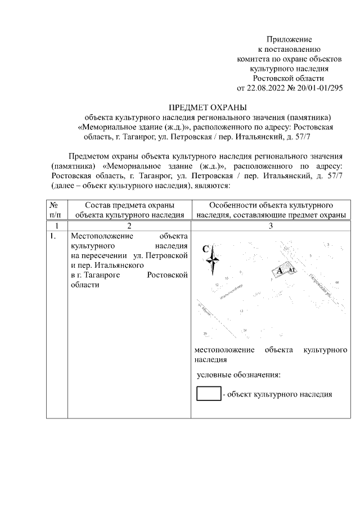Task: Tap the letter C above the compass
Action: [206, 249]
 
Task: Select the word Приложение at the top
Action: [289, 39]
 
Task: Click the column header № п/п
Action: [56, 209]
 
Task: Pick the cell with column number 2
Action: [129, 225]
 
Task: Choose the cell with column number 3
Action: [270, 225]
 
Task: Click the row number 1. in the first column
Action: [53, 236]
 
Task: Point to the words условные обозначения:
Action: [238, 375]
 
